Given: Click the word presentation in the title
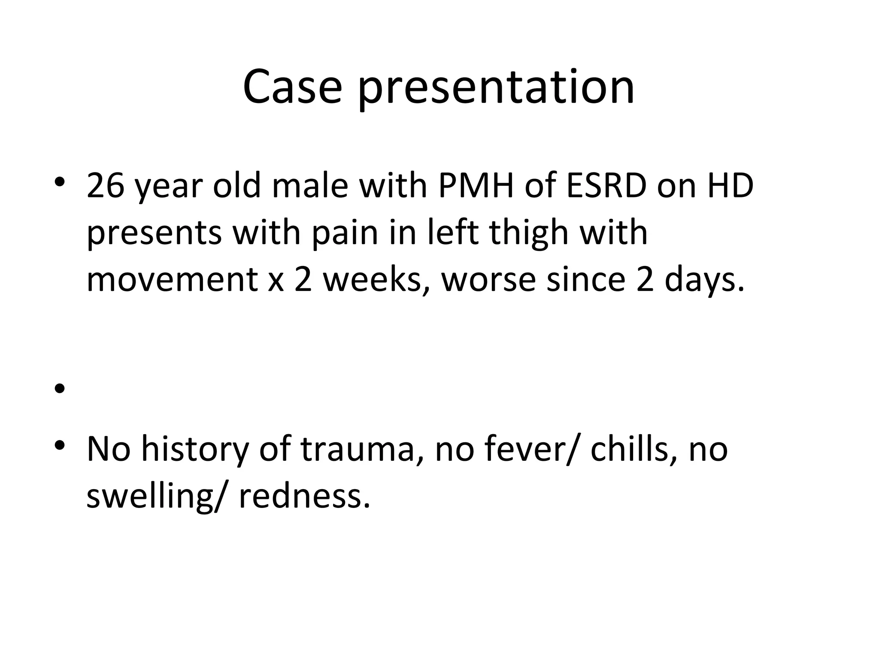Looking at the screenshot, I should [x=496, y=89].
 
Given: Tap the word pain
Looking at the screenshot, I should [x=345, y=234].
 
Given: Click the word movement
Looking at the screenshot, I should [x=172, y=280].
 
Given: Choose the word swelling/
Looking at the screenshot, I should [x=155, y=497].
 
